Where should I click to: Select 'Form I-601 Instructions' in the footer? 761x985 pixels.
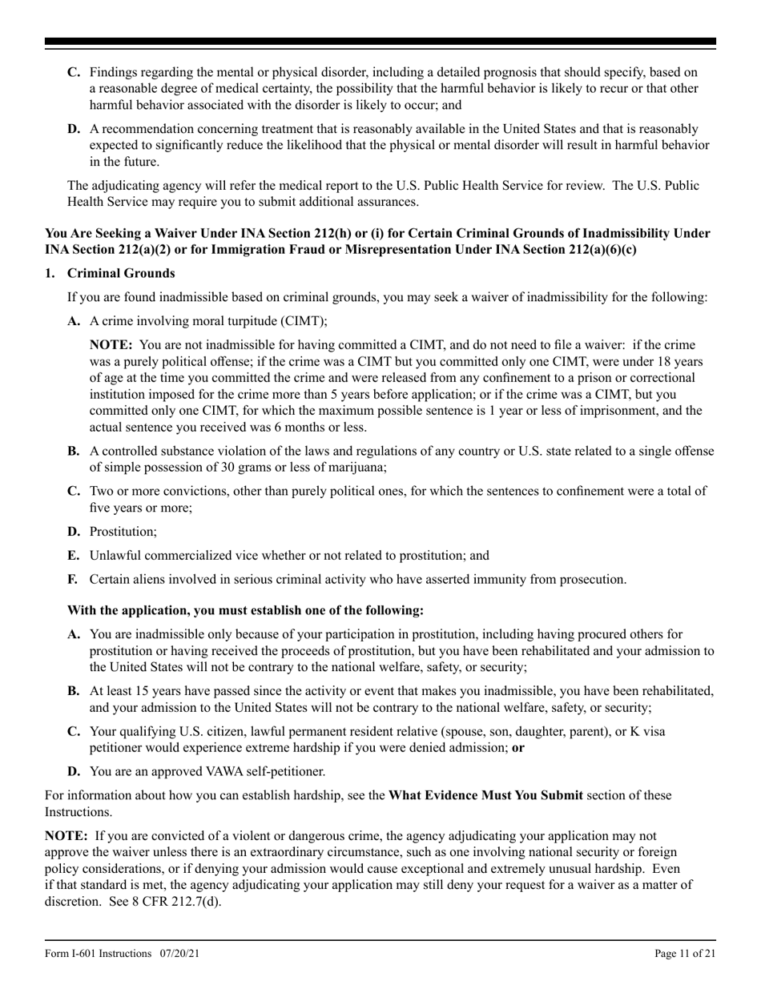tap(98, 953)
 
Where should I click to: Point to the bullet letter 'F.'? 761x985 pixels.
tap(73, 579)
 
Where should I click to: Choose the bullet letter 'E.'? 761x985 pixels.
tap(73, 555)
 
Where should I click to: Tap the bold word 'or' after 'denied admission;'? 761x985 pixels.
tap(518, 748)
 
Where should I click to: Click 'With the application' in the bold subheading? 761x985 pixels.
tap(118, 610)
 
